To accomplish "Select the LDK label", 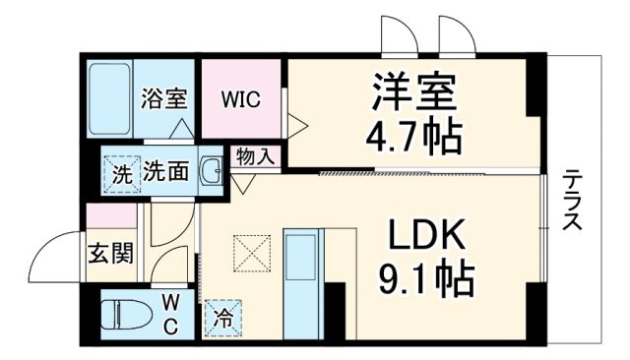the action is (424, 236).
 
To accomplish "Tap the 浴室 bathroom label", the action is (163, 98).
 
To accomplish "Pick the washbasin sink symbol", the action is (212, 172).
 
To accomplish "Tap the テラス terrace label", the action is (571, 202).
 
